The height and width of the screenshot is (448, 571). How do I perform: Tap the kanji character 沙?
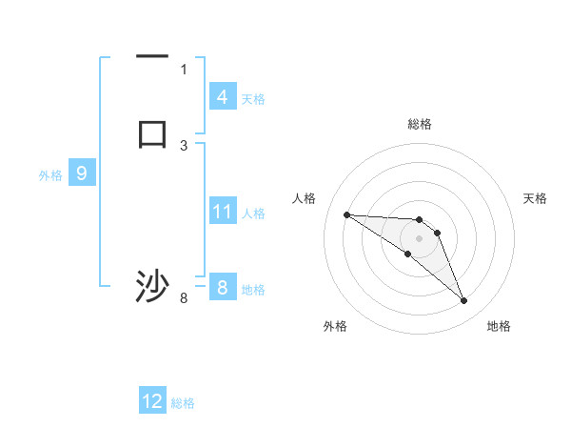(152, 287)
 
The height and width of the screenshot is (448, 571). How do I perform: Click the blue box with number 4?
(222, 97)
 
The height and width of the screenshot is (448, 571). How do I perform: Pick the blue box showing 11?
(223, 212)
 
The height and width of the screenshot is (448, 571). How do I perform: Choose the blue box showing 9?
(82, 173)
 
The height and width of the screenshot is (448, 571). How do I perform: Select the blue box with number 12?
(152, 401)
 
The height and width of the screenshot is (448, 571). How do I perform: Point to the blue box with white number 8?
(222, 288)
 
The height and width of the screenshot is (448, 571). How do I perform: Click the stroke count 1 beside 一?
(184, 69)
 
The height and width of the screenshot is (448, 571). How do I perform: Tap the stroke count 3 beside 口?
(184, 145)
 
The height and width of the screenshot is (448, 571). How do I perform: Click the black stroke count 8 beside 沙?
(184, 298)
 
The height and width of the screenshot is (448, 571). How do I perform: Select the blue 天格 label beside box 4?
(253, 99)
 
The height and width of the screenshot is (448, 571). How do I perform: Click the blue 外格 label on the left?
(50, 175)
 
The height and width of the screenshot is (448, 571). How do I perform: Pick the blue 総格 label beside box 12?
(183, 403)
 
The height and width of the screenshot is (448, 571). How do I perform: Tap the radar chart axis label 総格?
(419, 124)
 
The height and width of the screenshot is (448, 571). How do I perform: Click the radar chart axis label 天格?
(535, 198)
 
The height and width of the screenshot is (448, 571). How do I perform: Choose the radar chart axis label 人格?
(304, 198)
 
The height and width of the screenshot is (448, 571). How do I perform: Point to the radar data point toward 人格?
(346, 214)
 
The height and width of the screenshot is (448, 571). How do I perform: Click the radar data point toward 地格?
(463, 301)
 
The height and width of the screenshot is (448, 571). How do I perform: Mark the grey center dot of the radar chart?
(419, 238)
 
